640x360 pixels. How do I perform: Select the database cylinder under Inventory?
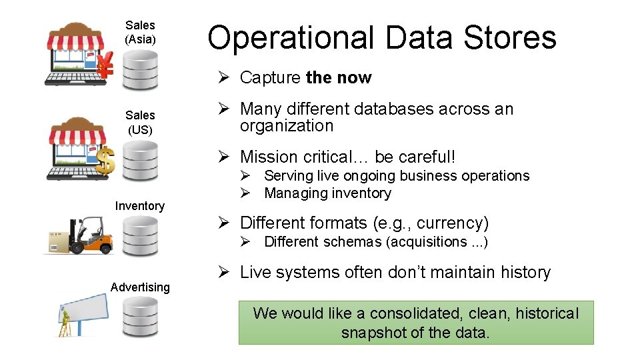pos(140,236)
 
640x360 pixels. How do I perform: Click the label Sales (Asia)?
pos(140,33)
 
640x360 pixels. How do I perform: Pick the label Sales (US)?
pos(140,123)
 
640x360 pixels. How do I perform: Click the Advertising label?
pos(140,287)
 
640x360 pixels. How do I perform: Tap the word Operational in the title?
pos(290,38)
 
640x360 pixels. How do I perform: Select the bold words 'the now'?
pos(338,78)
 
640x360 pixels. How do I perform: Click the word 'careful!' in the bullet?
pos(425,157)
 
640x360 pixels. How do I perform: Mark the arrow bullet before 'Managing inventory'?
pos(245,193)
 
